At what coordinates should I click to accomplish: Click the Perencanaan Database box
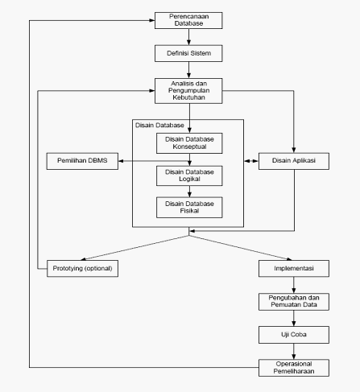(188, 20)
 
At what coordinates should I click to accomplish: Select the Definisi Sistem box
(188, 53)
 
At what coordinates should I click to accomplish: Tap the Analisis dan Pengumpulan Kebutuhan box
(188, 91)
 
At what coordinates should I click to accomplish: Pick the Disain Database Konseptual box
(189, 143)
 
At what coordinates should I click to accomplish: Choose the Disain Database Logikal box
(189, 175)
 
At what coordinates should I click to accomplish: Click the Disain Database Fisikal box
(189, 208)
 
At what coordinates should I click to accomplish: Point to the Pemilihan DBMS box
(82, 161)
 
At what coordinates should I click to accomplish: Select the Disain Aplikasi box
(294, 161)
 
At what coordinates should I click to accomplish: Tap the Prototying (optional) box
(82, 268)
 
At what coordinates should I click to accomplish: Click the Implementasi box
(294, 268)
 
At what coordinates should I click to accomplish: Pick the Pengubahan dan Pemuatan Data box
(294, 302)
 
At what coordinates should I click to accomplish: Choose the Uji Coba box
(294, 335)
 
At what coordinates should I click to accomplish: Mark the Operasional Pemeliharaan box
(294, 368)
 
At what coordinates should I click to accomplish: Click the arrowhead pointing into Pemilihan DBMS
(121, 161)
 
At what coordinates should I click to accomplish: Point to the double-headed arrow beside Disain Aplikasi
(251, 161)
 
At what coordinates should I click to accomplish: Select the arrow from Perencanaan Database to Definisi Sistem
(188, 37)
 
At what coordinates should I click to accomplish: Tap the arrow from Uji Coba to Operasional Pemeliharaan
(294, 351)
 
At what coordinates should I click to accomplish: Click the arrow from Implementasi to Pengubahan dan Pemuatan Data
(294, 285)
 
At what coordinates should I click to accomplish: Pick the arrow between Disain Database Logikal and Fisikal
(189, 192)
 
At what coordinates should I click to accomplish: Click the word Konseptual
(189, 146)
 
